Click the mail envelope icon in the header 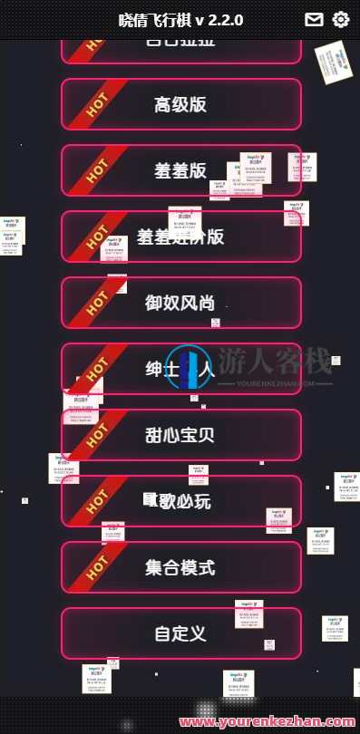coord(314,20)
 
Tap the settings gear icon coord(341,20)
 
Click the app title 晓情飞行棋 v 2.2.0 coord(180,20)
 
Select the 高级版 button coord(180,104)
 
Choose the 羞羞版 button coord(180,170)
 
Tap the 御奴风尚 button coord(180,303)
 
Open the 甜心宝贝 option coord(180,435)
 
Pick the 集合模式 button coord(180,567)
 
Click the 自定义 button coord(180,633)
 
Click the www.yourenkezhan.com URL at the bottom coord(268,722)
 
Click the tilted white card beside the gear coord(334,62)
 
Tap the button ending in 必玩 coord(180,501)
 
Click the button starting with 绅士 coord(180,369)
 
